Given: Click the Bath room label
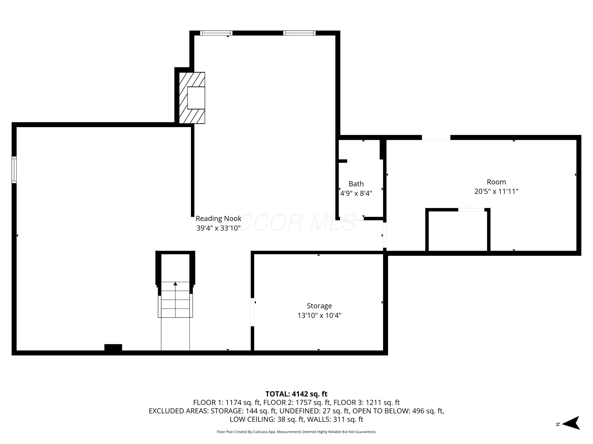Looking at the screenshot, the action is tap(356, 184).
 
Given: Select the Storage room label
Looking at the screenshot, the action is tap(319, 306).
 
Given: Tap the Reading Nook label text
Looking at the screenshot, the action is tap(218, 218).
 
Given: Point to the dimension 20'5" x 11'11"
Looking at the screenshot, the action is tap(496, 191).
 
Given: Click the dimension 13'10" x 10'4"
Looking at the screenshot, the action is tap(319, 315).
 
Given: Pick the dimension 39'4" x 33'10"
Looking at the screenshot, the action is tap(218, 228).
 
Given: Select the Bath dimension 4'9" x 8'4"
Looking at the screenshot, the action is tap(356, 193).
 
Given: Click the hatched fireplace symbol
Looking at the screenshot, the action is tap(192, 98).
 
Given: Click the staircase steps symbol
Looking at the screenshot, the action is tap(175, 300).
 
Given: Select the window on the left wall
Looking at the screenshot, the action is tap(14, 170).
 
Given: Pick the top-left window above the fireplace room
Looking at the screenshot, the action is tap(216, 33).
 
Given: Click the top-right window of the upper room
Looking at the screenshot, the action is tap(299, 33).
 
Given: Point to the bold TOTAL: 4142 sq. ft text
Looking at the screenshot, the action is tap(296, 394).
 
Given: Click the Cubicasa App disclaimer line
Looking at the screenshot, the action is tap(296, 432).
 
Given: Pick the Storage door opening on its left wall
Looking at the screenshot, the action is tap(253, 312).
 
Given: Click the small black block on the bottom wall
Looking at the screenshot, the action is tap(113, 347).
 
